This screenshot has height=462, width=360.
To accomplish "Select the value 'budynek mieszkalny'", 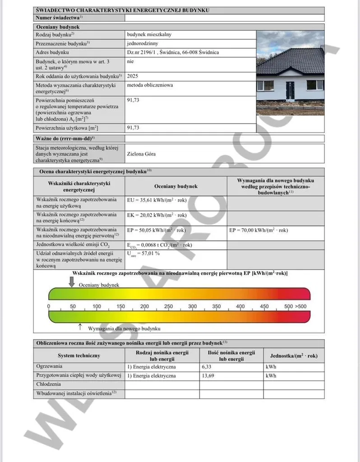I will click(x=149, y=34).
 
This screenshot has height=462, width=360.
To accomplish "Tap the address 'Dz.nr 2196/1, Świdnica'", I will click(x=173, y=52).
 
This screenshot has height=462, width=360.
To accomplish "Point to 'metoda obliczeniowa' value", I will click(x=150, y=85).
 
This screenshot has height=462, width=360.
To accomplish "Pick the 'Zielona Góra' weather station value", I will click(x=142, y=154).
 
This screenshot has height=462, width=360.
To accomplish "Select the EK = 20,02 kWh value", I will click(x=157, y=215).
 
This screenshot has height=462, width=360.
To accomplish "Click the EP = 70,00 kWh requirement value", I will click(x=258, y=230).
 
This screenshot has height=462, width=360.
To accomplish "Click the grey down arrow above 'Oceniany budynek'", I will click(x=71, y=282).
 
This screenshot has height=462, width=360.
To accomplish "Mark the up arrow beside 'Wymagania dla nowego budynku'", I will click(x=80, y=326).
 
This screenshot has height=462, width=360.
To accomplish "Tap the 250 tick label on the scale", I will click(x=169, y=307).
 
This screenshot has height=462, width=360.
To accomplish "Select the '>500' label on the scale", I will click(x=302, y=307).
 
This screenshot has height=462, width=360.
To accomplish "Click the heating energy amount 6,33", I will click(x=207, y=367).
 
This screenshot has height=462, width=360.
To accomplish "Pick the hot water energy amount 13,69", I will click(x=208, y=376).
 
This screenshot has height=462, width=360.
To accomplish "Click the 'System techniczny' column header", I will click(x=78, y=355).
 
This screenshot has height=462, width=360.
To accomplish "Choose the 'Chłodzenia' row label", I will click(x=49, y=384).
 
